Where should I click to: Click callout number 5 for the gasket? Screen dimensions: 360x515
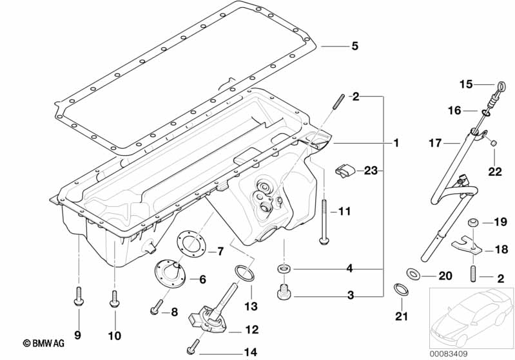[x=354, y=46]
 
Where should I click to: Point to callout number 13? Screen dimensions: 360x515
[x=250, y=306]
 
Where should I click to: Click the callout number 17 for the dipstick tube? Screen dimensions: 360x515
[x=435, y=143]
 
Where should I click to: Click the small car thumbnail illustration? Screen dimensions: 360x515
[x=469, y=315]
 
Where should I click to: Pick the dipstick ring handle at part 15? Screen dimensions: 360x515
[x=500, y=85]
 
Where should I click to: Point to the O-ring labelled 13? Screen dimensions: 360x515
[x=240, y=273]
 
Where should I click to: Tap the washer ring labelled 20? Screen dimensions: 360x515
[x=414, y=275]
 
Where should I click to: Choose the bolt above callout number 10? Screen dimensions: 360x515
[x=115, y=298]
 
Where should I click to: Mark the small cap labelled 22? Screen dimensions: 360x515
[x=493, y=142]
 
